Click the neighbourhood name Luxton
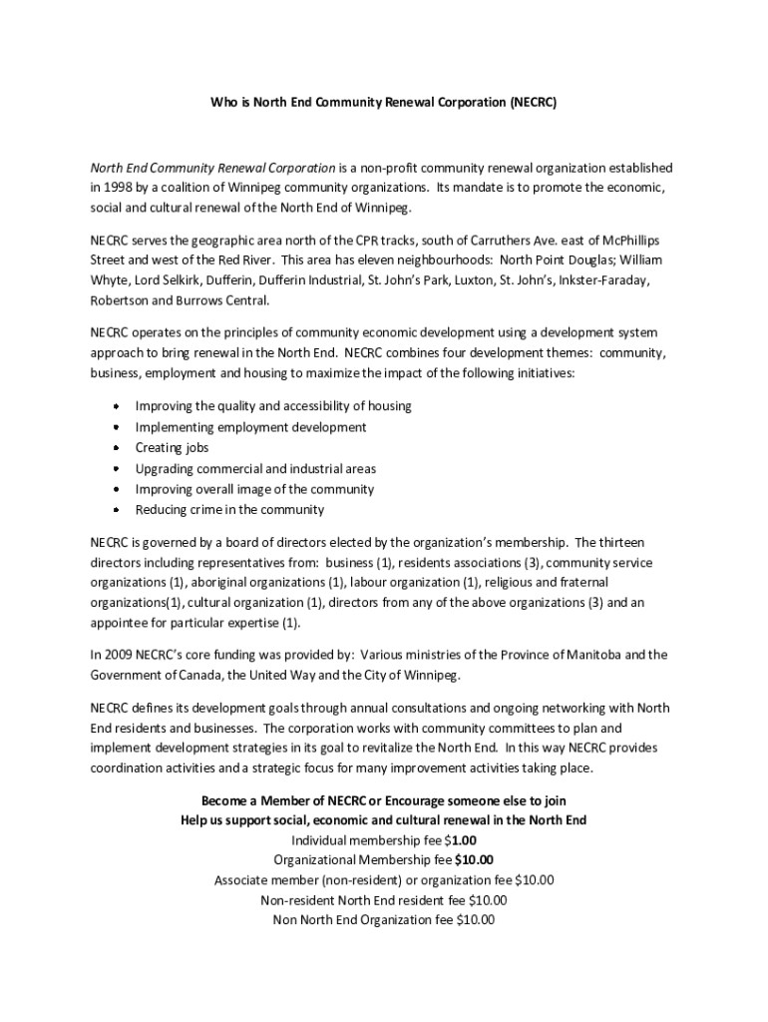point(468,280)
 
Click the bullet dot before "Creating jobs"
point(116,448)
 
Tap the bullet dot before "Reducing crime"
point(116,510)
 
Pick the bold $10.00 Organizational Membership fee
point(474,860)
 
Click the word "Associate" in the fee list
point(243,880)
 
